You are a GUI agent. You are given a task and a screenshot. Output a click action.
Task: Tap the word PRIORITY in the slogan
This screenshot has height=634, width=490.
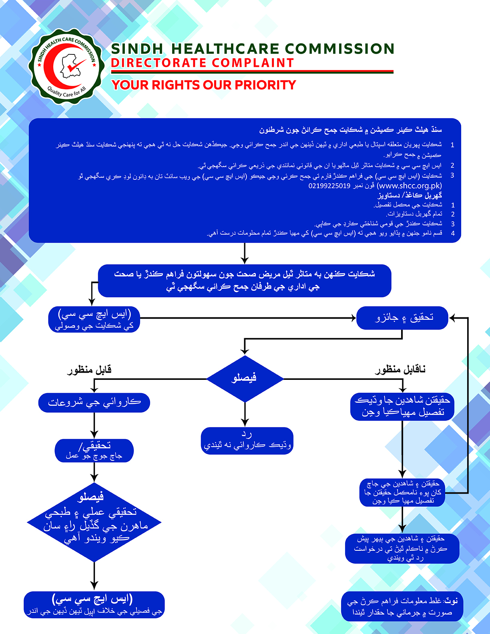[265, 85]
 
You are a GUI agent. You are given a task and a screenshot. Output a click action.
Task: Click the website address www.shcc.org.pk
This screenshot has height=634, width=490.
[410, 186]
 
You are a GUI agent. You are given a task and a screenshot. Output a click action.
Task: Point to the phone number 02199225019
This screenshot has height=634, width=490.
[329, 186]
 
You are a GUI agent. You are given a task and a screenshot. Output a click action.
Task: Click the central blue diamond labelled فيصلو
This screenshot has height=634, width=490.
[245, 378]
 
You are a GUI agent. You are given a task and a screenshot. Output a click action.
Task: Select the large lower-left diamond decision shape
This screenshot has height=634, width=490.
[94, 522]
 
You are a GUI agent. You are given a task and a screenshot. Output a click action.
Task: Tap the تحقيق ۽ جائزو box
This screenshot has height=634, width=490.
[402, 318]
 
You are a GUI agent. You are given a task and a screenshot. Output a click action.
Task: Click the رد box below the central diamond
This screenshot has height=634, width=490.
[247, 441]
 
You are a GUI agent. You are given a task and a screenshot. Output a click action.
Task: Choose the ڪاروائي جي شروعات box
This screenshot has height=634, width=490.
[94, 402]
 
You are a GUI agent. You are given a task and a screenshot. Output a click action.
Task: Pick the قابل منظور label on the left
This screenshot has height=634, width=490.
[89, 370]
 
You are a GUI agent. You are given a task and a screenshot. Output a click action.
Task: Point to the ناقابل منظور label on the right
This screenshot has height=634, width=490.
[400, 370]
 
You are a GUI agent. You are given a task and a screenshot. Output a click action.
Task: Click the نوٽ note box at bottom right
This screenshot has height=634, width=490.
[402, 606]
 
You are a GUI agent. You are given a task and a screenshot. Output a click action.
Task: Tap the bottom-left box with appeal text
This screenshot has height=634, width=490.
[94, 604]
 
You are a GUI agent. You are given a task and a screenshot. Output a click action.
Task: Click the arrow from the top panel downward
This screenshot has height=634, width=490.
[245, 253]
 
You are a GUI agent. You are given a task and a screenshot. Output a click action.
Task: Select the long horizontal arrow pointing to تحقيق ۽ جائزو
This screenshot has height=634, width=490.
[248, 318]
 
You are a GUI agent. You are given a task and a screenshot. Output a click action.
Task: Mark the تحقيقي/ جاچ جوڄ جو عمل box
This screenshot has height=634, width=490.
[94, 451]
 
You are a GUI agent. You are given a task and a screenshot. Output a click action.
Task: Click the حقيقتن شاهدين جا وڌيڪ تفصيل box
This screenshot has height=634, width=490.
[402, 406]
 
